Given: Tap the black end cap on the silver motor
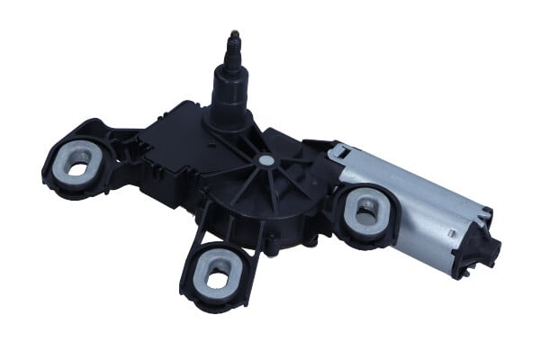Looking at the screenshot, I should tap(473, 242).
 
